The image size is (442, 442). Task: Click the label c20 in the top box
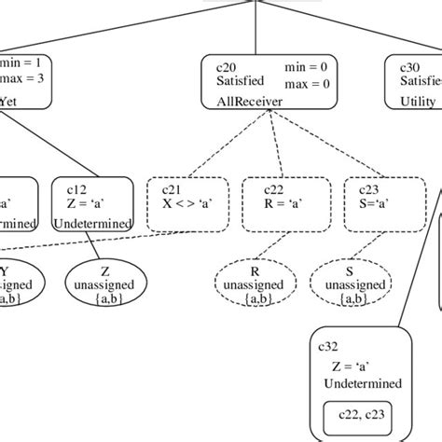(x=223, y=67)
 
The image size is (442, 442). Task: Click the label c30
(x=410, y=67)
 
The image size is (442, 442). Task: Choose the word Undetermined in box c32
(x=364, y=383)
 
